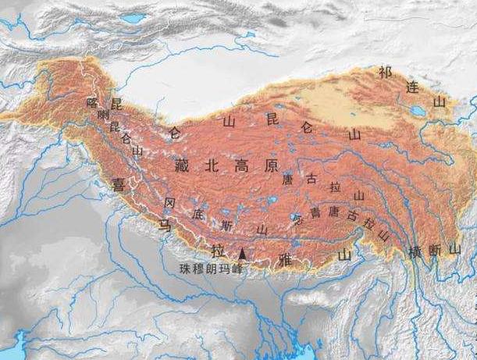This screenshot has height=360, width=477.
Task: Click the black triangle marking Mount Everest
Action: pyautogui.click(x=243, y=254)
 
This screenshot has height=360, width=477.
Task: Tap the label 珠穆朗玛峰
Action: pyautogui.click(x=210, y=269)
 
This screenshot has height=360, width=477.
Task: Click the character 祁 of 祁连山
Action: pyautogui.click(x=383, y=72)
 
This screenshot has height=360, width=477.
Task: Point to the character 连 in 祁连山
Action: pyautogui.click(x=411, y=87)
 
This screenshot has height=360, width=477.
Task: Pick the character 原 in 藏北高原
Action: pyautogui.click(x=270, y=165)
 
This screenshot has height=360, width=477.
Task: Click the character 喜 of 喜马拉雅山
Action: pyautogui.click(x=119, y=184)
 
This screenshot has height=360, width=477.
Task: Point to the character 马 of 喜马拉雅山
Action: pyautogui.click(x=166, y=225)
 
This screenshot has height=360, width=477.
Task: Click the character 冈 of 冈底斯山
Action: pyautogui.click(x=170, y=202)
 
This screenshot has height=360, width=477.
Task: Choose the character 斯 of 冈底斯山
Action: pyautogui.click(x=227, y=224)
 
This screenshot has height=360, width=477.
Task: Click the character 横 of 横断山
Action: pyautogui.click(x=414, y=251)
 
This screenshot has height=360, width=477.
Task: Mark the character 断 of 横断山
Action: pyautogui.click(x=434, y=250)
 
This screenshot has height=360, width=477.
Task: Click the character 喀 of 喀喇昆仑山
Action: pyautogui.click(x=93, y=102)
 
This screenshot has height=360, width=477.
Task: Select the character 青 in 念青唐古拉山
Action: pyautogui.click(x=315, y=212)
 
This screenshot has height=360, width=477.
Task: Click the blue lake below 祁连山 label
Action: pyautogui.click(x=418, y=112)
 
